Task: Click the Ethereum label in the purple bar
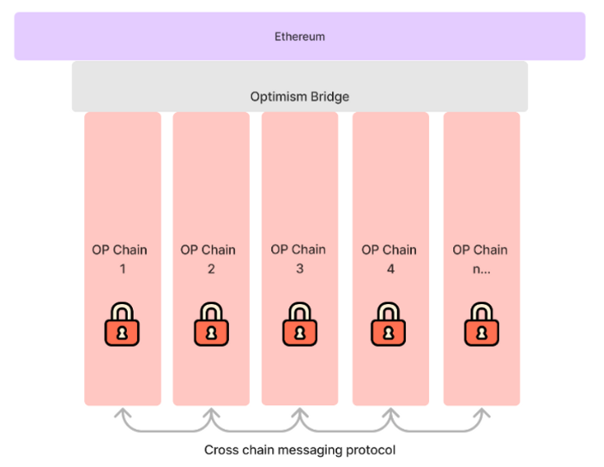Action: [x=299, y=37]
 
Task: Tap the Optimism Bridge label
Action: [x=299, y=97]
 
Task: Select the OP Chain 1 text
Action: [x=120, y=259]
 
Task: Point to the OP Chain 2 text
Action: [x=208, y=259]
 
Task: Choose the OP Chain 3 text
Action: [x=298, y=259]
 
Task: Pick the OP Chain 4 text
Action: [x=389, y=259]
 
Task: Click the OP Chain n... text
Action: [x=480, y=259]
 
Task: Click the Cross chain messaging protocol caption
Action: [x=299, y=449]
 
